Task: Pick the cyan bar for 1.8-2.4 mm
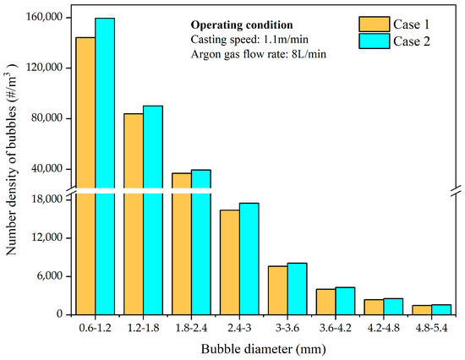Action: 201,242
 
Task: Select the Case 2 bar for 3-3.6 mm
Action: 297,288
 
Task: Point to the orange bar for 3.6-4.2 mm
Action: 325,302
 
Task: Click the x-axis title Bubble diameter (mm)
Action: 264,348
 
